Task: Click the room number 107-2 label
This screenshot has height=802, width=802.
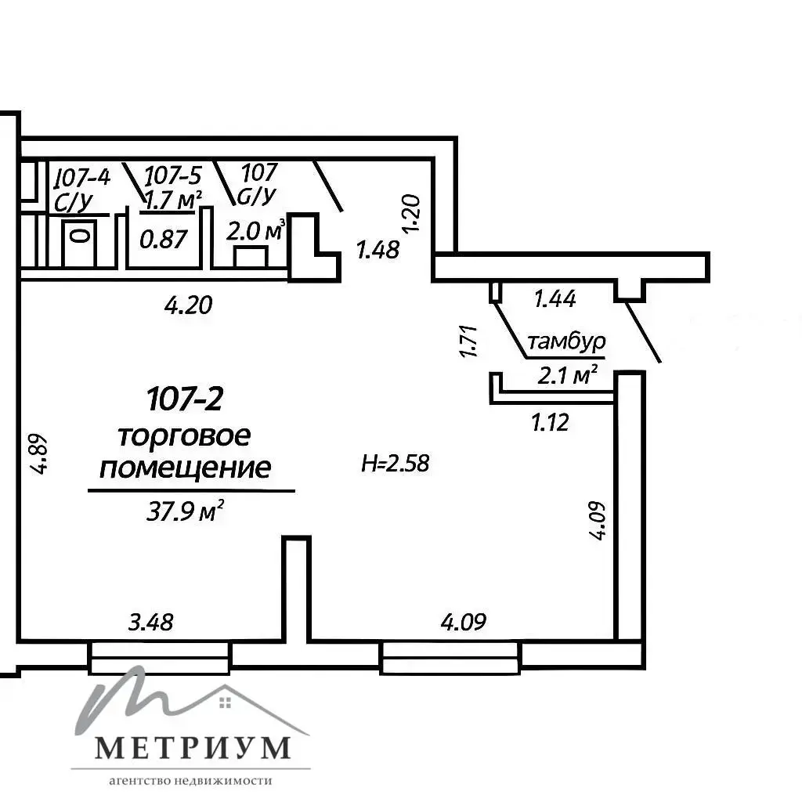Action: click(185, 399)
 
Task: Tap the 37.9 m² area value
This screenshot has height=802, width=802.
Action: click(185, 511)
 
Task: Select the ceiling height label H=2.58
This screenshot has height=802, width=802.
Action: click(395, 464)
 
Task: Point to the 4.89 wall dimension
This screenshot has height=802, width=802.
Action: click(39, 454)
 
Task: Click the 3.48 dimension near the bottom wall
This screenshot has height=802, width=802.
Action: click(150, 623)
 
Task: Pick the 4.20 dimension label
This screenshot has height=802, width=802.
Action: click(188, 305)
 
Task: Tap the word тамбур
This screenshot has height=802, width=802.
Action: click(566, 341)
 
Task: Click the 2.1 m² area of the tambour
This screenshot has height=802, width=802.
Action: click(567, 376)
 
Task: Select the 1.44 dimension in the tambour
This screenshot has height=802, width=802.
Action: click(555, 298)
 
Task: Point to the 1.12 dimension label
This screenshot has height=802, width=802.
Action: click(551, 423)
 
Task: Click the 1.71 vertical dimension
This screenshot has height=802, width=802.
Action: click(469, 341)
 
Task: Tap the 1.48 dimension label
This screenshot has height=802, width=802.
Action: click(378, 250)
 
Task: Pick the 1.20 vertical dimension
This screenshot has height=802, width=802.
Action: click(411, 213)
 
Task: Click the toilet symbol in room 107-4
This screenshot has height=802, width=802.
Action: click(79, 244)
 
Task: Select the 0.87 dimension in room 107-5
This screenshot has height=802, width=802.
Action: click(164, 240)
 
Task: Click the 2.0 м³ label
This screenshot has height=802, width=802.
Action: click(255, 232)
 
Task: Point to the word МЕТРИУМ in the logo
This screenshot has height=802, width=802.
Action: click(193, 747)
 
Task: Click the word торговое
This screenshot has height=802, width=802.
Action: click(185, 437)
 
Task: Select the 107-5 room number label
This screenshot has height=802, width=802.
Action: click(173, 175)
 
